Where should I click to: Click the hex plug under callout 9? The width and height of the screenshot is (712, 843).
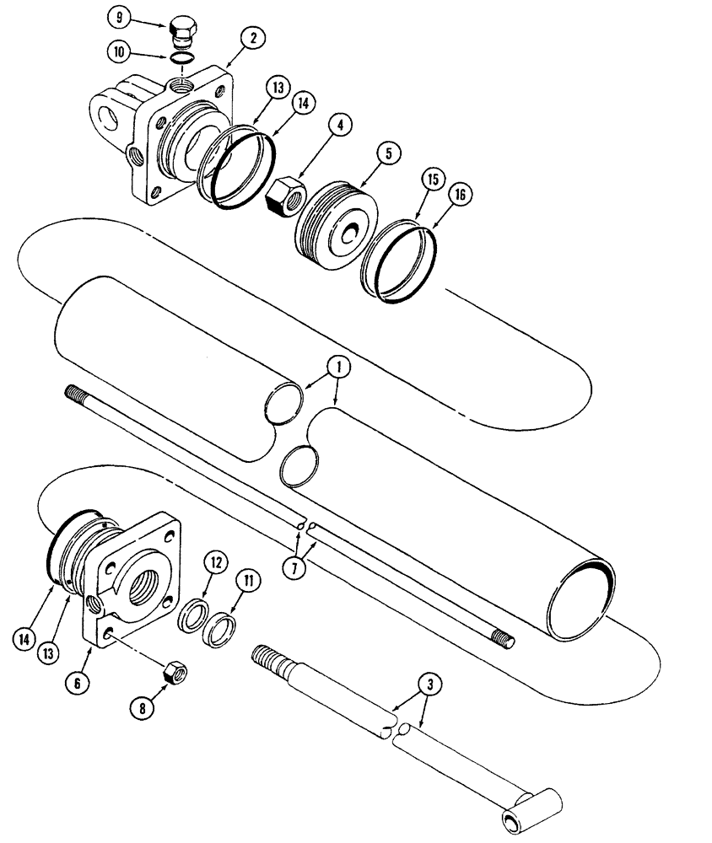pos(184,31)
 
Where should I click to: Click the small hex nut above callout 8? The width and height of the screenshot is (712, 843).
pos(175,672)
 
